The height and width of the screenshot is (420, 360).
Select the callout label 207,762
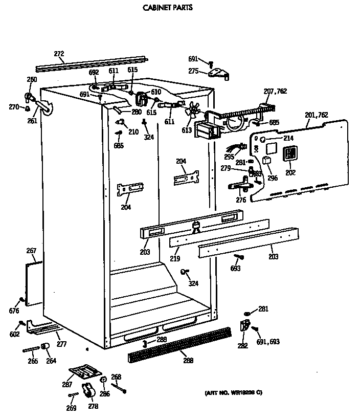click(x=275, y=91)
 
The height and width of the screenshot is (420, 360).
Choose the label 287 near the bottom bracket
click(x=67, y=384)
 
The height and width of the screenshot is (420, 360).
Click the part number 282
click(x=242, y=346)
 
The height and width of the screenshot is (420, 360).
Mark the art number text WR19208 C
click(x=233, y=393)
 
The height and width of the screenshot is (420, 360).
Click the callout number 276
click(x=241, y=200)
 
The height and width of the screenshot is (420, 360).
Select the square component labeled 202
click(x=290, y=153)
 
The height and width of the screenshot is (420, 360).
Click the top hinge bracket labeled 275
click(x=220, y=74)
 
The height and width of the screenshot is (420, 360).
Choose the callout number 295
click(x=229, y=158)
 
